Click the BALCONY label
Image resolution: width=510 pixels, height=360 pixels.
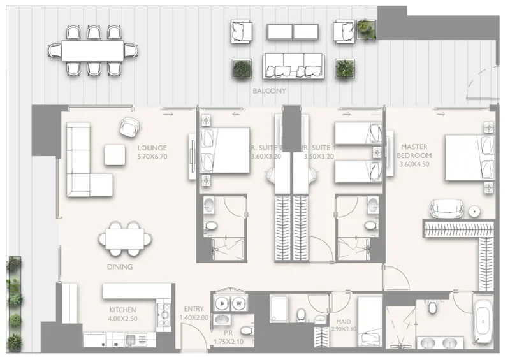[269, 91]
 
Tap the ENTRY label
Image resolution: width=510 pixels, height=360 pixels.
[193, 309]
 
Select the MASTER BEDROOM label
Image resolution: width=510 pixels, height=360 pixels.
[414, 150]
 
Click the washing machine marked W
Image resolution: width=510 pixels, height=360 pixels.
[239, 303]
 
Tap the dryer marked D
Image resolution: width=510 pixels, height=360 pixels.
[222, 303]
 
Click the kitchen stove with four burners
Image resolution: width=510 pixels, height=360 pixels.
[163, 312]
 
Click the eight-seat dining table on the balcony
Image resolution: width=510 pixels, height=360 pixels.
[92, 50]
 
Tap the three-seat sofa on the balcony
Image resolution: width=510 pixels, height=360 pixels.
[294, 66]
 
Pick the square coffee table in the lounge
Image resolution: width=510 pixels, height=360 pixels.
[115, 155]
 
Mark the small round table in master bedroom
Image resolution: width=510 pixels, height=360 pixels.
[474, 211]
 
